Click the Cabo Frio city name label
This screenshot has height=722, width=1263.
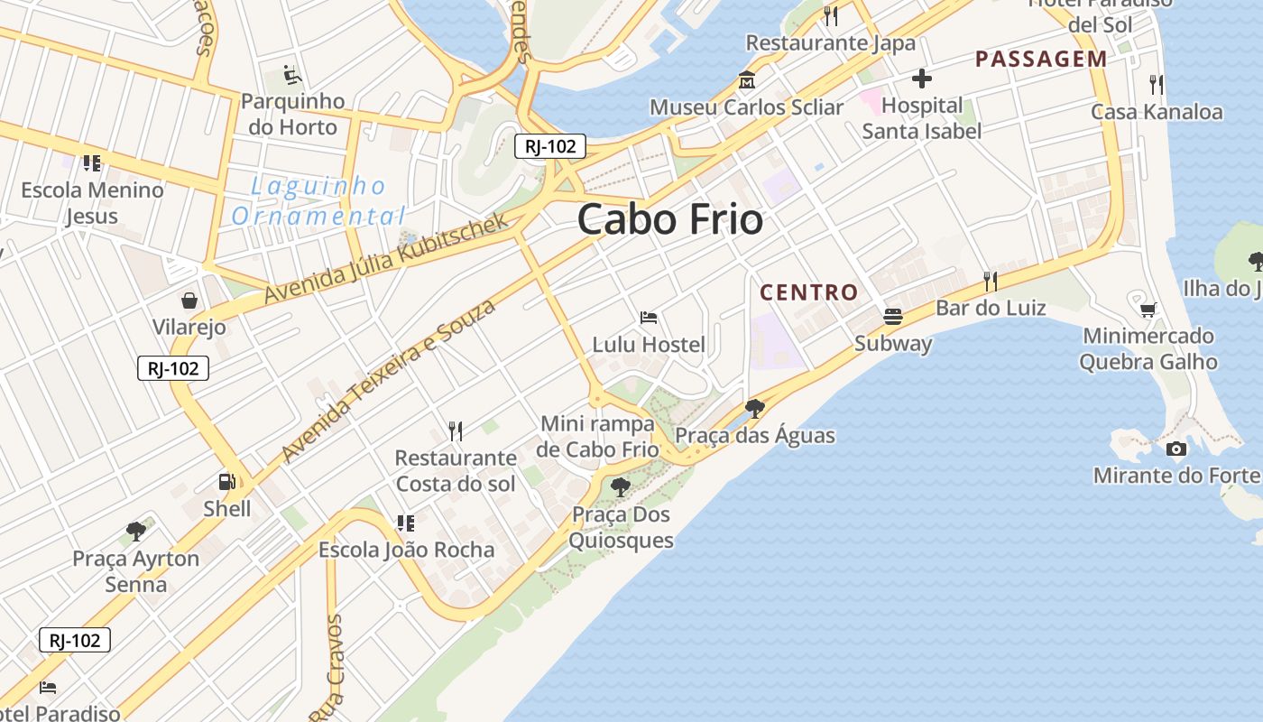[x=669, y=219]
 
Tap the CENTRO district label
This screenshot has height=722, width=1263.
[x=808, y=292]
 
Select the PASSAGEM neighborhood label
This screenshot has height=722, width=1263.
[x=1040, y=60]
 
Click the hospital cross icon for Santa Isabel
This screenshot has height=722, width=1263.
[x=921, y=79]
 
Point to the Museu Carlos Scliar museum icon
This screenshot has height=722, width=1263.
[x=746, y=80]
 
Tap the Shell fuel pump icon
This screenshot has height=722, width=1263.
[x=227, y=483]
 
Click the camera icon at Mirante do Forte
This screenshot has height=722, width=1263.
[x=1175, y=449]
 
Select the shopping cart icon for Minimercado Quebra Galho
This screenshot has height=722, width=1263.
[x=1148, y=310]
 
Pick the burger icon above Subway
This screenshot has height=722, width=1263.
[x=893, y=317]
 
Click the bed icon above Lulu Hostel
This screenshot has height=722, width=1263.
[x=649, y=318]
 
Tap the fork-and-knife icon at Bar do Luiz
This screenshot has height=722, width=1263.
[x=991, y=282]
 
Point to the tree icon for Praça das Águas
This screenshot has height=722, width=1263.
[x=755, y=409]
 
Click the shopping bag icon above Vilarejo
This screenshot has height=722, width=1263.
[x=189, y=300]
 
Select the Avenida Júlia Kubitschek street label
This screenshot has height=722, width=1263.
[x=386, y=259]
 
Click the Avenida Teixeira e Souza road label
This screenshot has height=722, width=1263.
[x=389, y=381]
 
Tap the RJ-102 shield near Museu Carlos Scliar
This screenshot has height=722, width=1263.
[x=550, y=146]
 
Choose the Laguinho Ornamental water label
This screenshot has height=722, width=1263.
[x=318, y=201]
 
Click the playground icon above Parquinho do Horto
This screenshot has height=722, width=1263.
[x=290, y=74]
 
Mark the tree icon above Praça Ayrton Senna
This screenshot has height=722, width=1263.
[x=136, y=531]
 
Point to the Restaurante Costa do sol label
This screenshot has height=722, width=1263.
[x=456, y=470]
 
